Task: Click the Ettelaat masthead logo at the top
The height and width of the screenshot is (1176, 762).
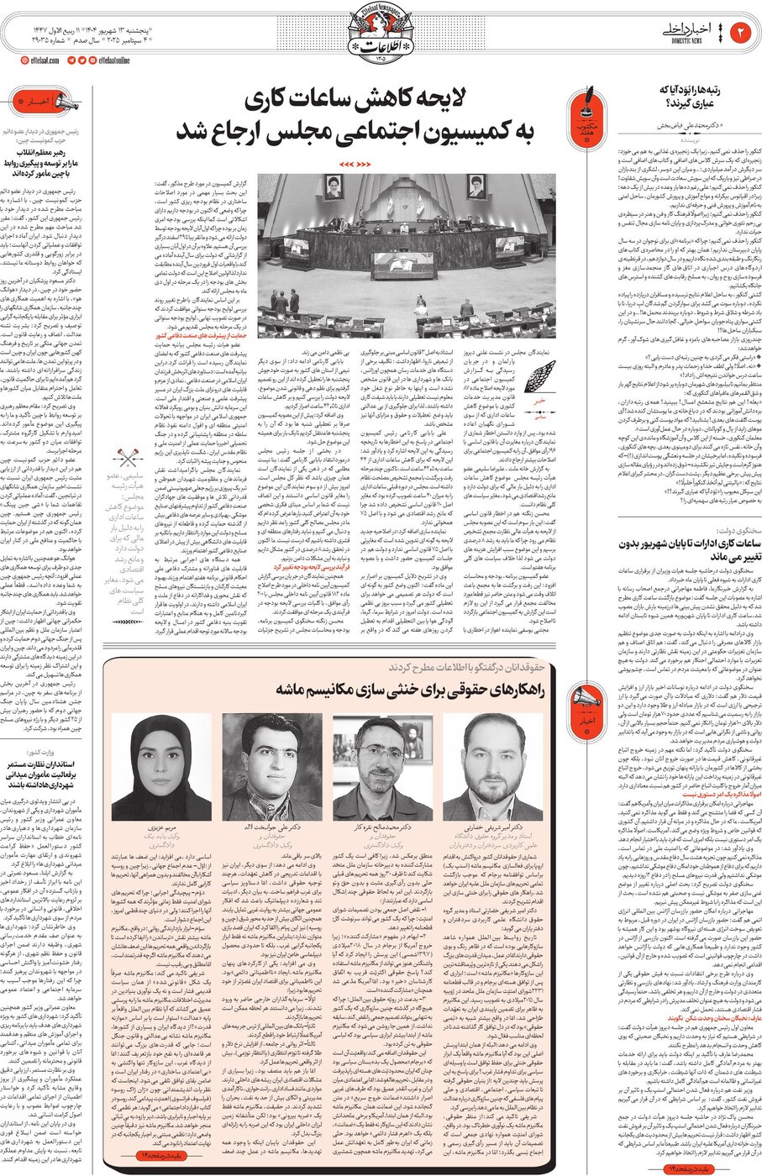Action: (381, 34)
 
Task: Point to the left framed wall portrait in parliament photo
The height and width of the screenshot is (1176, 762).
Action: (334, 187)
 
